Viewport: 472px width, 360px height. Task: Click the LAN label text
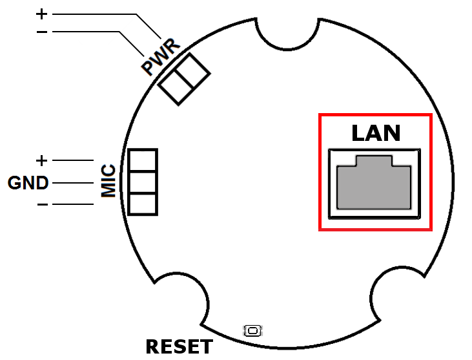tap(376, 133)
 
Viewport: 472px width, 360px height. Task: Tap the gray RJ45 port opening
tap(374, 182)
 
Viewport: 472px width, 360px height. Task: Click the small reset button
tap(252, 331)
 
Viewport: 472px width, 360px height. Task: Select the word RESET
tap(179, 346)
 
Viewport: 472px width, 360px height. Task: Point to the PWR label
tap(160, 57)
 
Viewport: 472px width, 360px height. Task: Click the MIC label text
tap(108, 181)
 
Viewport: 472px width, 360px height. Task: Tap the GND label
tap(28, 183)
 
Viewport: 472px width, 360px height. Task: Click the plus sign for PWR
tap(41, 14)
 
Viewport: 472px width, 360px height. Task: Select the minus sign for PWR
tap(42, 32)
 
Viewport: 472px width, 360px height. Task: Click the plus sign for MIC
tap(41, 160)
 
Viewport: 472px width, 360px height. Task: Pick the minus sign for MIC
tap(43, 204)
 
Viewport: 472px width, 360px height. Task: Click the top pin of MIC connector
tap(143, 160)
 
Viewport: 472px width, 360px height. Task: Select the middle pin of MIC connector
tap(143, 182)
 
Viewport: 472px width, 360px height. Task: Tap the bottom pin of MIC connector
tap(143, 204)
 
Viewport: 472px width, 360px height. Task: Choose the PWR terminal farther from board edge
tap(192, 71)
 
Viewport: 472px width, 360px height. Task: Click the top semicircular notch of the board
tap(287, 48)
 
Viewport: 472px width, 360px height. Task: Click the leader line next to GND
tap(73, 183)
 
